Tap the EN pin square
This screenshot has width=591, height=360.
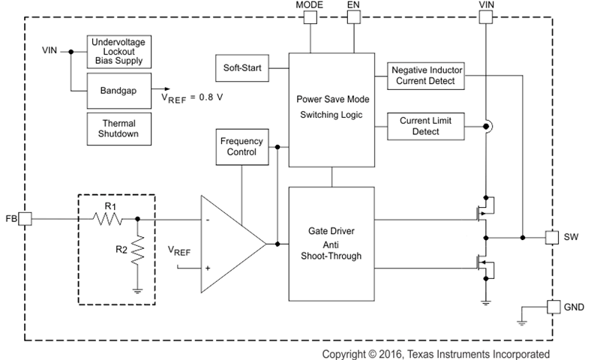(352, 17)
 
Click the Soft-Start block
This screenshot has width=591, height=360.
(241, 68)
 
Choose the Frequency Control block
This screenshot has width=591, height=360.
(241, 146)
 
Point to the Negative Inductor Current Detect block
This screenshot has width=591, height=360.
(427, 75)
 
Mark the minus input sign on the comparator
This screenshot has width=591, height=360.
(206, 220)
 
